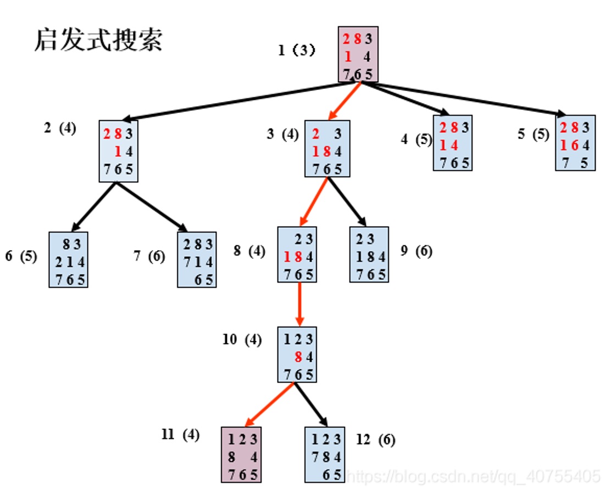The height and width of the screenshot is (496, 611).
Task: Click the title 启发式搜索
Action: pyautogui.click(x=98, y=40)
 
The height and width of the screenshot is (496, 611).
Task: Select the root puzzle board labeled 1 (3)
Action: pyautogui.click(x=358, y=54)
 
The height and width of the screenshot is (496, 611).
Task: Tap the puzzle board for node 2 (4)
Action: pyautogui.click(x=118, y=150)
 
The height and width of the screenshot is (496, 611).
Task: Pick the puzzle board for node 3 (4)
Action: pyautogui.click(x=327, y=148)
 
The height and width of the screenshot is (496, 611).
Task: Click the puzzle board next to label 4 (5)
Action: pyautogui.click(x=452, y=142)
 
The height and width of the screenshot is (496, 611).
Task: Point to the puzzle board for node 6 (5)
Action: pyautogui.click(x=68, y=259)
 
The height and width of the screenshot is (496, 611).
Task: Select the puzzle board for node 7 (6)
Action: pyautogui.click(x=197, y=259)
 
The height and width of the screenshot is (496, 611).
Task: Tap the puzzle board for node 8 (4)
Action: pyautogui.click(x=297, y=254)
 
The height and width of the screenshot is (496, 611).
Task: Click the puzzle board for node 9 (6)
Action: pyautogui.click(x=369, y=254)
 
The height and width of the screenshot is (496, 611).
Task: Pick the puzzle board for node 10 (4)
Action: pyautogui.click(x=297, y=354)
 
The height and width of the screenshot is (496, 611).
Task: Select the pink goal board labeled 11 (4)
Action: pyautogui.click(x=241, y=454)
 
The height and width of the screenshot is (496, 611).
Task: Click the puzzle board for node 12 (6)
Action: pyautogui.click(x=325, y=454)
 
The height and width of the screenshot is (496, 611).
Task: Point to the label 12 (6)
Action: pyautogui.click(x=375, y=439)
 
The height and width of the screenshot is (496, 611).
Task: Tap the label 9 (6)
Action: pyautogui.click(x=416, y=251)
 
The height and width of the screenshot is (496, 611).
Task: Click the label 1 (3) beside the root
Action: pyautogui.click(x=297, y=50)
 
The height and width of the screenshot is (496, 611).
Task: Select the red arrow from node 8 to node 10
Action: pyautogui.click(x=299, y=305)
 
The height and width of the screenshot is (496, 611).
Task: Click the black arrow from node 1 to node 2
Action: pyautogui.click(x=231, y=101)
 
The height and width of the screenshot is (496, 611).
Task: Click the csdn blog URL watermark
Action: pyautogui.click(x=475, y=475)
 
